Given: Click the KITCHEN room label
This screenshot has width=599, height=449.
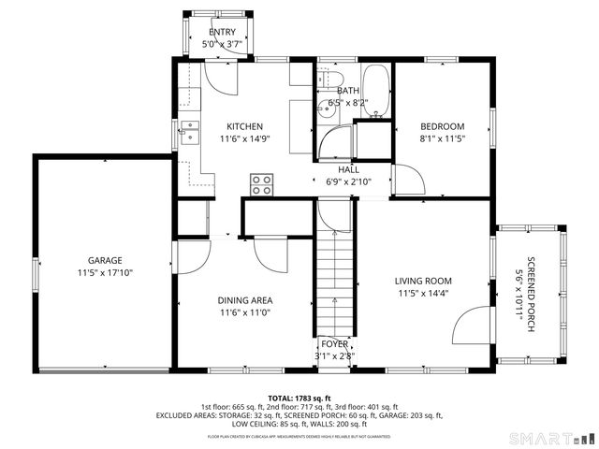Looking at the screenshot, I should [244, 126].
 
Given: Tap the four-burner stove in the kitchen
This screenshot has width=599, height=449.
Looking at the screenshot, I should [261, 183].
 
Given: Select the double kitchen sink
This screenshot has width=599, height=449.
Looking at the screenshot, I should [190, 134].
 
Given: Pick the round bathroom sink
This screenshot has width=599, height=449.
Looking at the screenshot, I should [325, 109].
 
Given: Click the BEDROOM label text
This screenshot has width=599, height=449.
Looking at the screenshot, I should [442, 126].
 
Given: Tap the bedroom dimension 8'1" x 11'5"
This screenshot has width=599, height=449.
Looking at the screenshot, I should [442, 139].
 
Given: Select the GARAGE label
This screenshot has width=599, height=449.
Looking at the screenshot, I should [105, 260].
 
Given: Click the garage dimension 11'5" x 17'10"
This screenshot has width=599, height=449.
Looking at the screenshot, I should [105, 273].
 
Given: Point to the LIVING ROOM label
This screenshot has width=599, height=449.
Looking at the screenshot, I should [423, 281].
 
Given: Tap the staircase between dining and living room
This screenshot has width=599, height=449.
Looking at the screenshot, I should [333, 281].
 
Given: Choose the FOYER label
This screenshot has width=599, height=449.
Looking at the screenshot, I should [333, 344].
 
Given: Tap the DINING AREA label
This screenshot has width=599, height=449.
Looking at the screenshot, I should [245, 300].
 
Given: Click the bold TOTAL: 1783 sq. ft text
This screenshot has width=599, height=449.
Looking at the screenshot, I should [299, 398].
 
